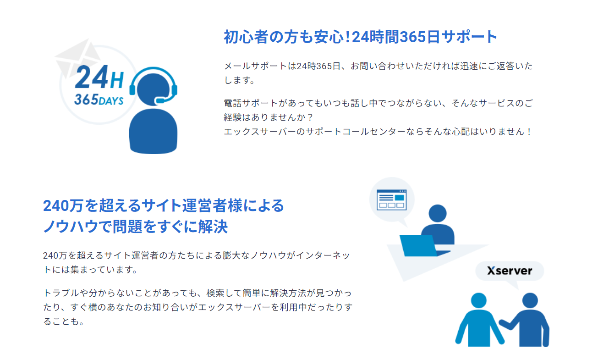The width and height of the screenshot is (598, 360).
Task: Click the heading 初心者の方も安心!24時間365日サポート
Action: tap(360, 37)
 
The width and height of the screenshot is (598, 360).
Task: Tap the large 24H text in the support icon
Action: tap(99, 78)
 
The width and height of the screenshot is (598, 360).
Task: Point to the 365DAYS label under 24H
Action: tap(99, 100)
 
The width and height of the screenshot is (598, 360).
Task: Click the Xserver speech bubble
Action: tap(510, 271)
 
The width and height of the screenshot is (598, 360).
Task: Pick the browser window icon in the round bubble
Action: tap(391, 200)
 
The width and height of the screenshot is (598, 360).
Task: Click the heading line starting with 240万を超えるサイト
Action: tap(164, 206)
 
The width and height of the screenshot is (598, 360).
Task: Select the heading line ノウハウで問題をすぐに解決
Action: tap(135, 227)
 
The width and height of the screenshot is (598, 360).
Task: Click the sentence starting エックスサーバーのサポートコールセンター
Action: tap(378, 132)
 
